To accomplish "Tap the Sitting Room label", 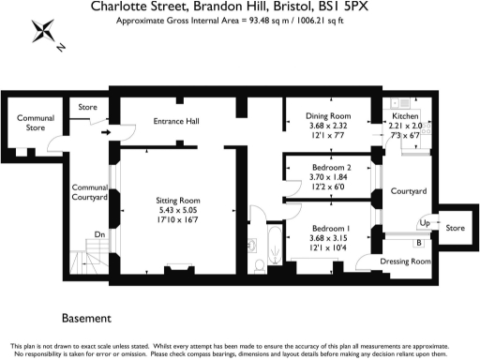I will click(x=178, y=200).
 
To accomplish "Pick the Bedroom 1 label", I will click(x=331, y=228).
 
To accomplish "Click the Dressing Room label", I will click(x=407, y=261).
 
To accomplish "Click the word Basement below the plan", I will click(x=86, y=319).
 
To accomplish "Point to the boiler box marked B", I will click(x=417, y=243).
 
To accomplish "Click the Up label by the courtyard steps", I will click(x=424, y=223).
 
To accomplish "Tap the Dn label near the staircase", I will click(x=99, y=234).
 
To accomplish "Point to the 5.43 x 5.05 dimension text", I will click(x=178, y=210).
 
